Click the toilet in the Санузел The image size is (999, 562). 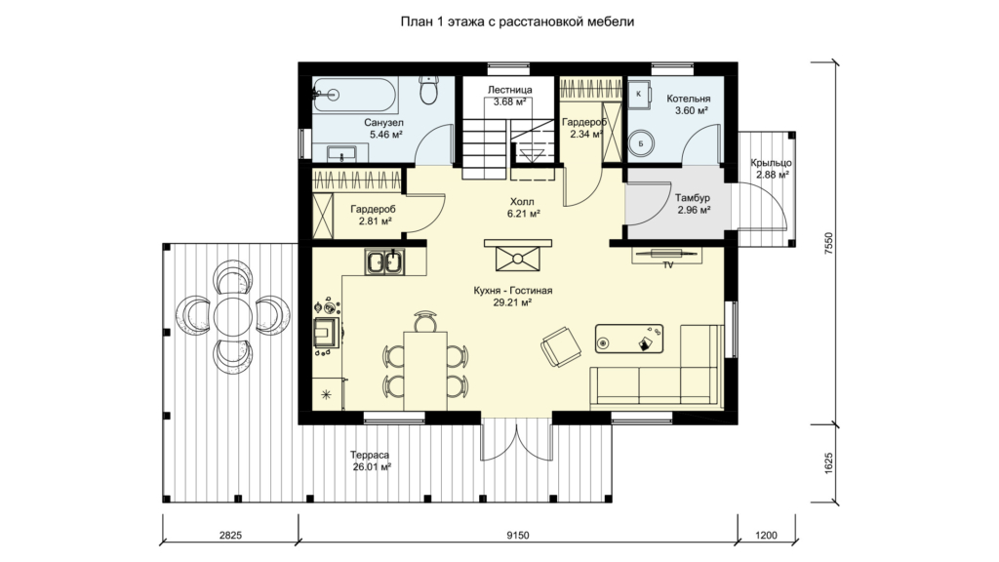point(430,90)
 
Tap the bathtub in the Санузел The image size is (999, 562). point(355,95)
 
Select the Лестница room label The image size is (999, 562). point(509,90)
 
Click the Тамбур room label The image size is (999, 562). point(693,198)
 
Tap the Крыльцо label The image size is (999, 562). point(771,163)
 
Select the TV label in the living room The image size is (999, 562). point(668,265)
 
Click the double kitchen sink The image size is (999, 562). point(384,261)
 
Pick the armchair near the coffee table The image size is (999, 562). point(561,346)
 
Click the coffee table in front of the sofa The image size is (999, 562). point(629,339)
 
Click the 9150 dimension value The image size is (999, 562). point(518,536)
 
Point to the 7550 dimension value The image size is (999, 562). point(828,243)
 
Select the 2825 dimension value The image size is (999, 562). point(230,536)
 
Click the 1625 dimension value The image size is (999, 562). point(828,463)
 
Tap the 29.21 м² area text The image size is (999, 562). point(512,303)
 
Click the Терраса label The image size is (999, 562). point(370,456)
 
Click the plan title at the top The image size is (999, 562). point(517,21)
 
